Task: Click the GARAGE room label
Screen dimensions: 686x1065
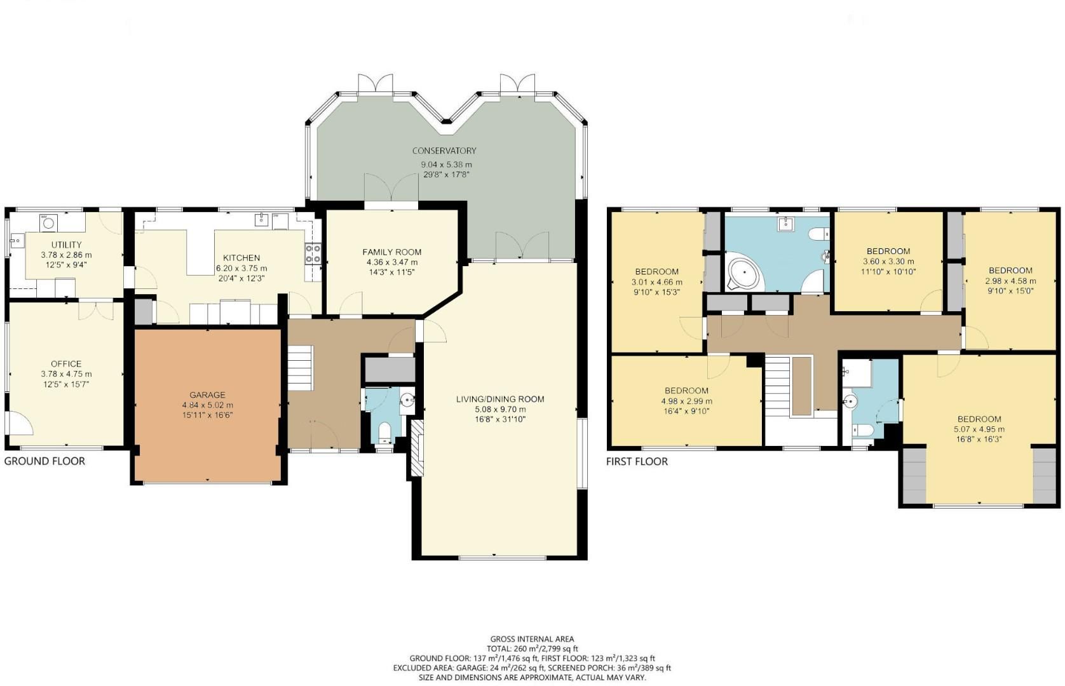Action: click(207, 394)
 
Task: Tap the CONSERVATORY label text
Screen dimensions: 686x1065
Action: click(444, 151)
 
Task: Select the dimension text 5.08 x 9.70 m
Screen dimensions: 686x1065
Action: click(500, 409)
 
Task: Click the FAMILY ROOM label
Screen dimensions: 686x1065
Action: click(392, 252)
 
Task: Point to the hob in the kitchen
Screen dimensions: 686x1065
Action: click(313, 253)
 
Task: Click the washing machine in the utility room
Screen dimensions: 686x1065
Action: click(48, 223)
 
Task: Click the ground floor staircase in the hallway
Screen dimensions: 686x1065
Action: click(300, 368)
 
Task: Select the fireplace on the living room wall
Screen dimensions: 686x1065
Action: click(417, 447)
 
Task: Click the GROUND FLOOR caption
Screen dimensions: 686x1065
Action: click(44, 461)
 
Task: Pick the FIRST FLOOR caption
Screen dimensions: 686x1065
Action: click(637, 462)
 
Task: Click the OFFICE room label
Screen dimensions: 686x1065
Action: click(66, 364)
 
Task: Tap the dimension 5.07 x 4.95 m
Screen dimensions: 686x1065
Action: click(979, 429)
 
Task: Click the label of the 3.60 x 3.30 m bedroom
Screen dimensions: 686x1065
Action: click(888, 251)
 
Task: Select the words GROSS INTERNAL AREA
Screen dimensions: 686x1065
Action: click(532, 639)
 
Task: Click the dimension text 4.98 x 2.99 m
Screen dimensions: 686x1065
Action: click(686, 401)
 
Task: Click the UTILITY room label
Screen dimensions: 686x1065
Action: click(66, 245)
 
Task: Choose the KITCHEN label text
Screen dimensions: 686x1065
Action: click(241, 258)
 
